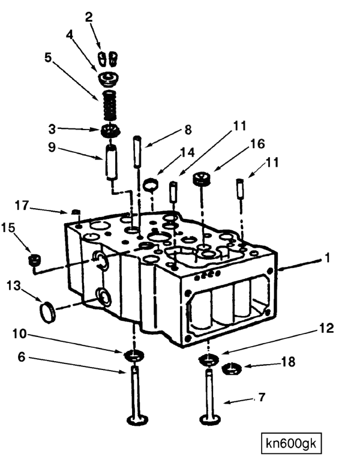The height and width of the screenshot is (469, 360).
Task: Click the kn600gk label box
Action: (291, 443)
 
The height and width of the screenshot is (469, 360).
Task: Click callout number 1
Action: (328, 257)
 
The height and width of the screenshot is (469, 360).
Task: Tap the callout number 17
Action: (22, 206)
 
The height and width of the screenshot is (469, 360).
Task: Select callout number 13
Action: (14, 286)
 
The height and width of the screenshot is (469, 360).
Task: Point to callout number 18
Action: (288, 362)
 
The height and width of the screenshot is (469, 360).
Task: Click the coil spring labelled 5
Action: (110, 106)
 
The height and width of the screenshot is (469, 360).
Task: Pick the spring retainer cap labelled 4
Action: (109, 79)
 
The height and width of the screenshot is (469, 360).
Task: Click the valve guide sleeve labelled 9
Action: (111, 163)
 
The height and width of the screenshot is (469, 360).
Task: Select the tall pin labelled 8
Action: (137, 152)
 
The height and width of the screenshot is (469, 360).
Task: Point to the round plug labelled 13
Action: (47, 312)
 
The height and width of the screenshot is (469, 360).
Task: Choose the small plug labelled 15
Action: (35, 260)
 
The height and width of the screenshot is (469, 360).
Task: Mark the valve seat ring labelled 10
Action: (134, 355)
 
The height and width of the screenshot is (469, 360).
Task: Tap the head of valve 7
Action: (211, 419)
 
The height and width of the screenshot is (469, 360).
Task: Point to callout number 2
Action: (89, 17)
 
